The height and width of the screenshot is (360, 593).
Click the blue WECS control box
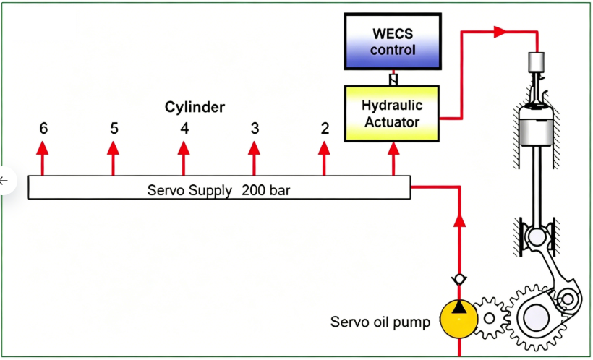pos(393,41)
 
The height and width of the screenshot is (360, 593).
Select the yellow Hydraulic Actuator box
pos(391,112)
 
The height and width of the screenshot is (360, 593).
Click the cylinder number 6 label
pos(43,129)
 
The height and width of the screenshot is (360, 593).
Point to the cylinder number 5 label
pos(114,129)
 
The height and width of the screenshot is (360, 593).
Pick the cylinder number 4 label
pos(184,129)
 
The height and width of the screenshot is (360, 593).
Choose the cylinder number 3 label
pos(255,129)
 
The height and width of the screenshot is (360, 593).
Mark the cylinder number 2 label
pos(325,129)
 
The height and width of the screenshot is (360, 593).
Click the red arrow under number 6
pos(43,152)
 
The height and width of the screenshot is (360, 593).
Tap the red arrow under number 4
pos(184,152)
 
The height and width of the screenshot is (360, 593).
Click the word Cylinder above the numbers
pos(195,107)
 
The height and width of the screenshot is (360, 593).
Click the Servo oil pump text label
pos(380,322)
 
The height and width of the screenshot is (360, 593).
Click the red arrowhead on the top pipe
pos(499,32)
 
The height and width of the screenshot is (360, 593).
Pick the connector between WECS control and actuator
pos(393,77)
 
